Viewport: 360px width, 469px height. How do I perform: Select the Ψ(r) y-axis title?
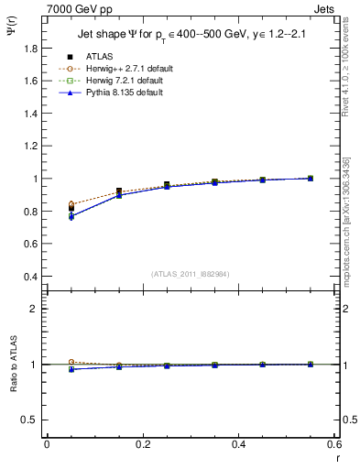click(x=12, y=35)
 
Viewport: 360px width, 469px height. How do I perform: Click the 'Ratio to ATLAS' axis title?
click(x=12, y=363)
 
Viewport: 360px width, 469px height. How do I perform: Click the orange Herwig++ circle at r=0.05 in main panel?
click(x=71, y=204)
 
